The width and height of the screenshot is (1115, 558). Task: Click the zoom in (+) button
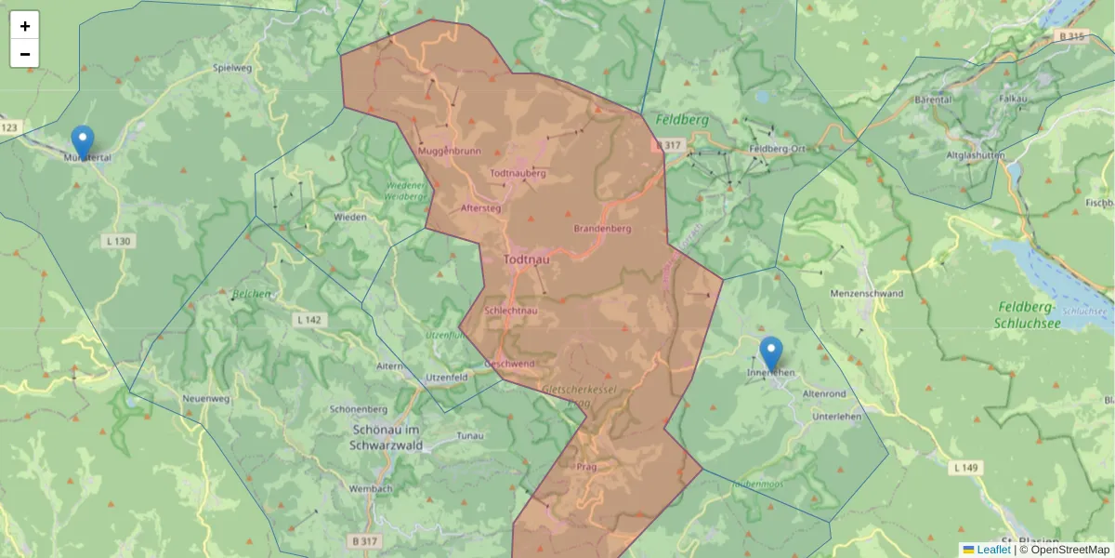25,26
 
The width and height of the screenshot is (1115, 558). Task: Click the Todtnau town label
526,260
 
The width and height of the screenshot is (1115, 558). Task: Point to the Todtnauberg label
518,173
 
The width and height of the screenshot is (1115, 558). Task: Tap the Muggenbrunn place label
450,151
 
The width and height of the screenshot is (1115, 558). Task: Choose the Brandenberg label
603,228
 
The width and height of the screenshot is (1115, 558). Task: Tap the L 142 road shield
309,320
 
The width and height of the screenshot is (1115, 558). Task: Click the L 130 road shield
118,242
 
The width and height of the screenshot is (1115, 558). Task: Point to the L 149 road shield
966,468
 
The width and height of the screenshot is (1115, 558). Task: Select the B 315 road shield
1071,36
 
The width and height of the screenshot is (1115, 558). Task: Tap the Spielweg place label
232,68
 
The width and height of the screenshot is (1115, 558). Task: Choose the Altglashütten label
975,155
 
